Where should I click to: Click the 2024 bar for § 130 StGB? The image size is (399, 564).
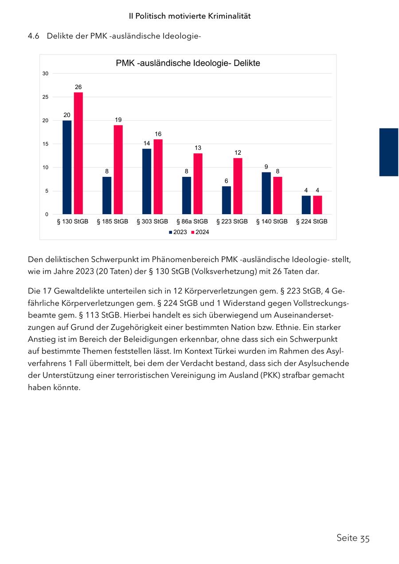coord(78,153)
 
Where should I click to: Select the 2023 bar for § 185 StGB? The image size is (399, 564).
coord(107,196)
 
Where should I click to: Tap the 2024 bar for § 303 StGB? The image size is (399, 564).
coord(158,177)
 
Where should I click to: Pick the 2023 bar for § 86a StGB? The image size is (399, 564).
coord(187,196)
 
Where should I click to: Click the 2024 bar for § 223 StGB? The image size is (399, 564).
coord(238,186)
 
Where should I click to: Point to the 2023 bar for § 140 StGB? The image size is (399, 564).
coord(266,193)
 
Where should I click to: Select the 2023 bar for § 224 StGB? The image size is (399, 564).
coord(306,205)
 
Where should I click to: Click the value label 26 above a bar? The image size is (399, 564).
coord(78,87)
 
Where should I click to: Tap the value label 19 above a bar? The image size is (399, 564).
coord(118,120)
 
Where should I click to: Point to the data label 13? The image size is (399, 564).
coord(198,148)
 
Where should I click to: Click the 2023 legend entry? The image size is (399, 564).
coord(178,232)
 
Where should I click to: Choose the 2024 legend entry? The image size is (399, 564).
coord(200,232)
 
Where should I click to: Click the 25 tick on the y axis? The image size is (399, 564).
coord(46,97)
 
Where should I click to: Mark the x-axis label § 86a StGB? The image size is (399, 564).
coord(192,221)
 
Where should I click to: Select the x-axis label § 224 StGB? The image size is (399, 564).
coord(312,221)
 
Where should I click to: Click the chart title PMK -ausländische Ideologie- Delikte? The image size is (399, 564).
coord(188,63)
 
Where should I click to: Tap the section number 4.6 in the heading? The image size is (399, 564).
coord(34,36)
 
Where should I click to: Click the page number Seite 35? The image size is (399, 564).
coord(353,538)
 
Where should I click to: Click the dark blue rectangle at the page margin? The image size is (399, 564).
coord(389,152)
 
